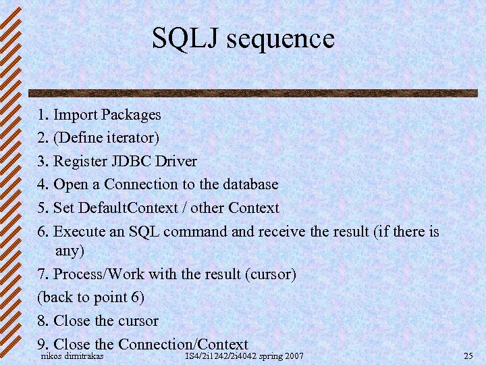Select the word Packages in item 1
[x=128, y=115]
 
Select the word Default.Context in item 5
[x=127, y=208]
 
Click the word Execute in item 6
[x=79, y=231]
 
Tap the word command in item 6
[x=196, y=231]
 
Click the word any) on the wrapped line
[x=70, y=251]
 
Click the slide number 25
[x=469, y=356]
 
